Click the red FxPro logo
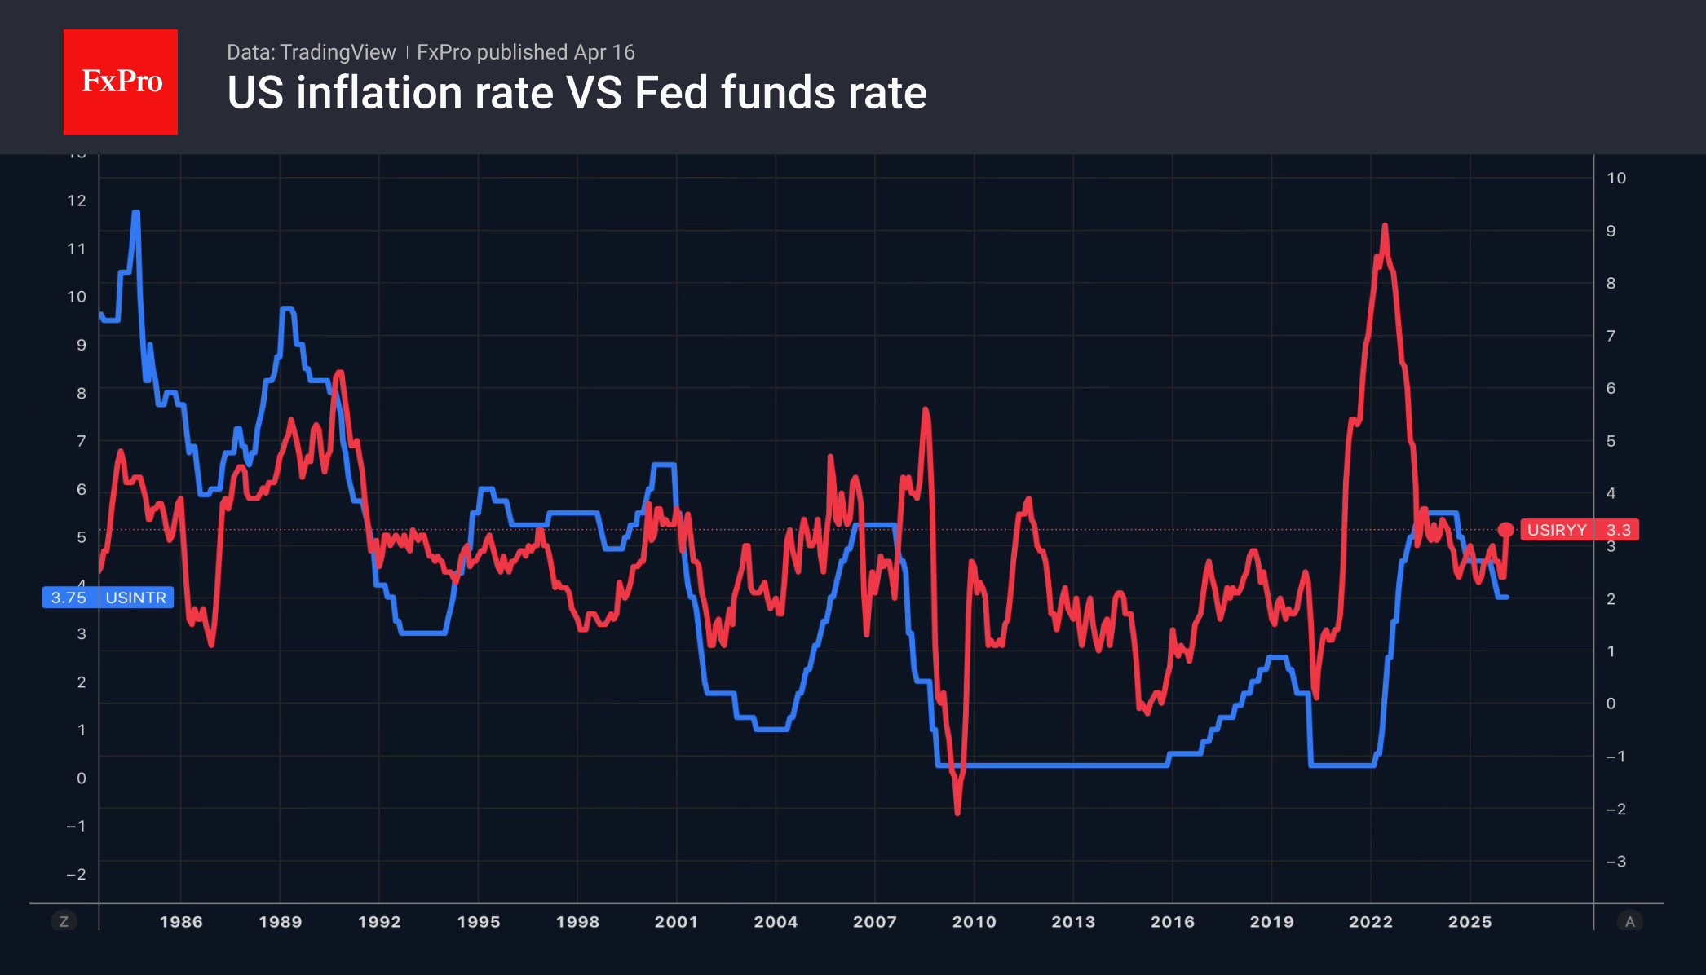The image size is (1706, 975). [121, 82]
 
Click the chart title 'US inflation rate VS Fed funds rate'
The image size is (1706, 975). [577, 93]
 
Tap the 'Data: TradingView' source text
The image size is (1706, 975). [311, 52]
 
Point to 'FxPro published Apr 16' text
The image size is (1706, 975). [525, 52]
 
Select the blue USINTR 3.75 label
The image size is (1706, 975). [108, 598]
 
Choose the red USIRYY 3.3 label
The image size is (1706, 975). [1578, 530]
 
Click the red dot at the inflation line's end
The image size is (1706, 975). [1505, 530]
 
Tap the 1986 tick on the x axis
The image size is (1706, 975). [180, 922]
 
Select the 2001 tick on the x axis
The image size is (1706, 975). [676, 922]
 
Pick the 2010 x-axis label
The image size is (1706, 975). [974, 922]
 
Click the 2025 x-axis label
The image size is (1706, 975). [1470, 922]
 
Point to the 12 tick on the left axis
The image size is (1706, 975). [77, 201]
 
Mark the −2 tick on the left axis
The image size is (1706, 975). [76, 874]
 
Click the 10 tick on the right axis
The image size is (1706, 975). [1615, 178]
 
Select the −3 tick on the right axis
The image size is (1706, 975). [1615, 862]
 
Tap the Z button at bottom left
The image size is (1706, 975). [64, 921]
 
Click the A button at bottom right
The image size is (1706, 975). [1629, 921]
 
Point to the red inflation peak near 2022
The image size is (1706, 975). [1385, 226]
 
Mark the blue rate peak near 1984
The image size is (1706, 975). [136, 213]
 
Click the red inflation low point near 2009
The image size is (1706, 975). [957, 812]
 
